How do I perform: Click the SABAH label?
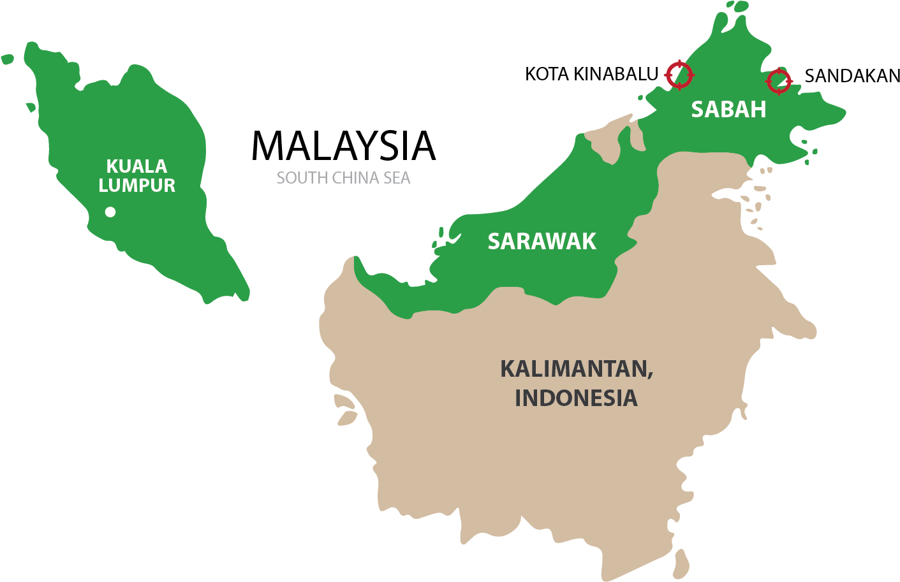tap(728, 110)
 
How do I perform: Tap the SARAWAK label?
tap(542, 242)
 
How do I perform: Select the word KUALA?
tap(136, 166)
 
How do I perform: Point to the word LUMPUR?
tap(136, 186)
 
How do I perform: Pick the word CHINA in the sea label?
tap(351, 178)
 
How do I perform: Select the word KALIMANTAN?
tap(574, 369)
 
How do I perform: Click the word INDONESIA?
tap(576, 398)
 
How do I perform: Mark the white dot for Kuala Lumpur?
tap(110, 212)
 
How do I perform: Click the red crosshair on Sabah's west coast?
tap(679, 75)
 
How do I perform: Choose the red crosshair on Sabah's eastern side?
tap(779, 81)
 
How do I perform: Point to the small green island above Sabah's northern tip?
tap(740, 6)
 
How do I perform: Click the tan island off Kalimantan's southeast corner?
tap(681, 564)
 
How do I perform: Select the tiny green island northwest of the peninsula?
tap(7, 59)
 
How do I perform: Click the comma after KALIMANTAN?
tap(651, 376)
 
